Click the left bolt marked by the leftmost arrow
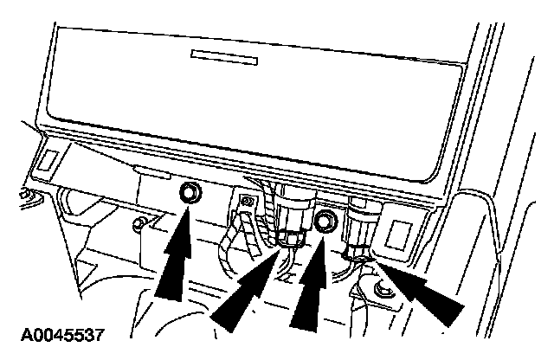pyautogui.click(x=188, y=192)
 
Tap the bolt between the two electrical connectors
pyautogui.click(x=326, y=222)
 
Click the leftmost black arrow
pyautogui.click(x=178, y=255)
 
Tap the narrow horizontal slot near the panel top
pyautogui.click(x=224, y=57)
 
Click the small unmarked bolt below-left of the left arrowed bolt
pyautogui.click(x=136, y=227)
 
